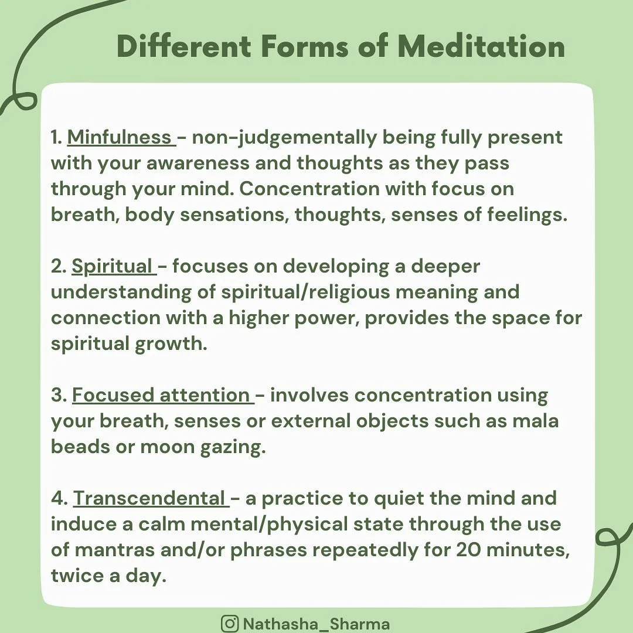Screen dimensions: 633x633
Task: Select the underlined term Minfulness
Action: (120, 137)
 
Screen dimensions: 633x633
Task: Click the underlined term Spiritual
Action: (112, 266)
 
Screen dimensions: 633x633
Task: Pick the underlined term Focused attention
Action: (161, 395)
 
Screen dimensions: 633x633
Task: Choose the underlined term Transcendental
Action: (149, 498)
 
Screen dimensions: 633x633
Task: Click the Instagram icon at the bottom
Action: (229, 623)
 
